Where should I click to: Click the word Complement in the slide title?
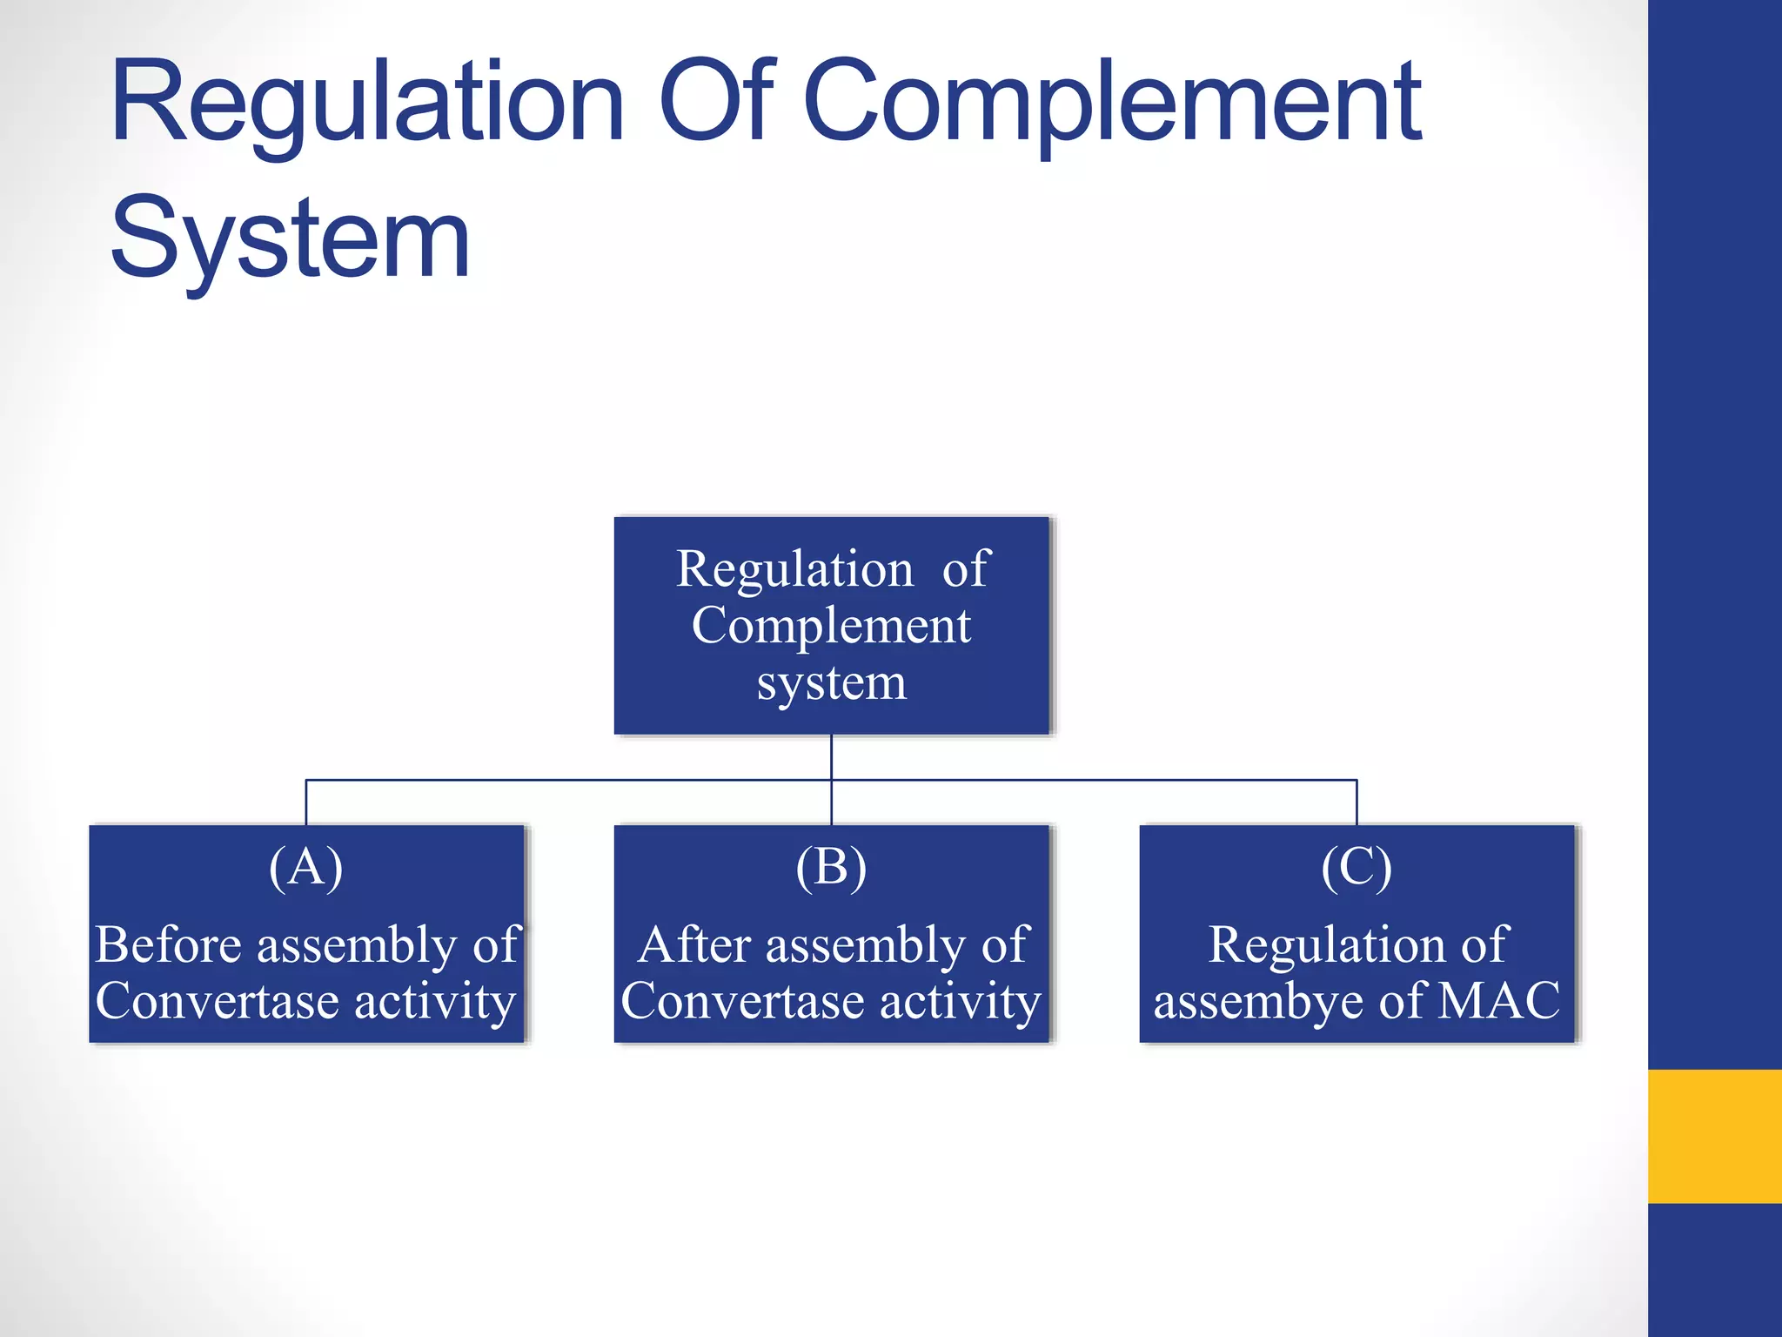pyautogui.click(x=1112, y=102)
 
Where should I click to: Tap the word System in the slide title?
pyautogui.click(x=291, y=239)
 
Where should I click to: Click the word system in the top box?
pyautogui.click(x=832, y=683)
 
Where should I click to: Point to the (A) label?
pyautogui.click(x=306, y=867)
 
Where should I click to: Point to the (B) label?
pyautogui.click(x=832, y=867)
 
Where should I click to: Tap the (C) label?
pyautogui.click(x=1357, y=867)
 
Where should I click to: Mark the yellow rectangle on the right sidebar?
pyautogui.click(x=1714, y=1136)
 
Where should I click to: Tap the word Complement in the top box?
pyautogui.click(x=832, y=627)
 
